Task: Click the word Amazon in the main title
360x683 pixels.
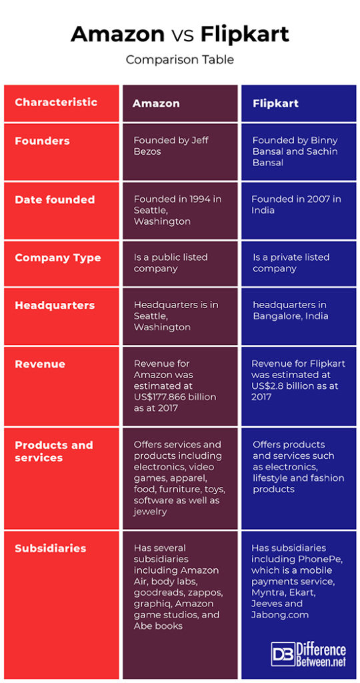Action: (x=117, y=33)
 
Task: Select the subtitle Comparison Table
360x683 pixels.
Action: (x=180, y=59)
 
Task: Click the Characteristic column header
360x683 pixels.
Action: (x=56, y=102)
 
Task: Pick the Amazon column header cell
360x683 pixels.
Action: (x=156, y=103)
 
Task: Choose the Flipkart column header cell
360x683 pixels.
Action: (x=275, y=103)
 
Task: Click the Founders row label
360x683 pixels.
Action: (x=42, y=141)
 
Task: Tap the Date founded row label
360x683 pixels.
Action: (x=55, y=199)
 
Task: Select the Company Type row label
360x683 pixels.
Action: (x=58, y=257)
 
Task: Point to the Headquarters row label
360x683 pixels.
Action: (x=55, y=305)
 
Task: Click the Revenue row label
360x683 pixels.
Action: (x=40, y=364)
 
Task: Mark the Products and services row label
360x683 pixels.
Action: (x=53, y=451)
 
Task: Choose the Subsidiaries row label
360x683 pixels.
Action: (x=51, y=548)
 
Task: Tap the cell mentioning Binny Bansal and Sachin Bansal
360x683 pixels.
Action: (x=295, y=151)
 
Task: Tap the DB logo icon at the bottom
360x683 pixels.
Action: (x=282, y=654)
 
